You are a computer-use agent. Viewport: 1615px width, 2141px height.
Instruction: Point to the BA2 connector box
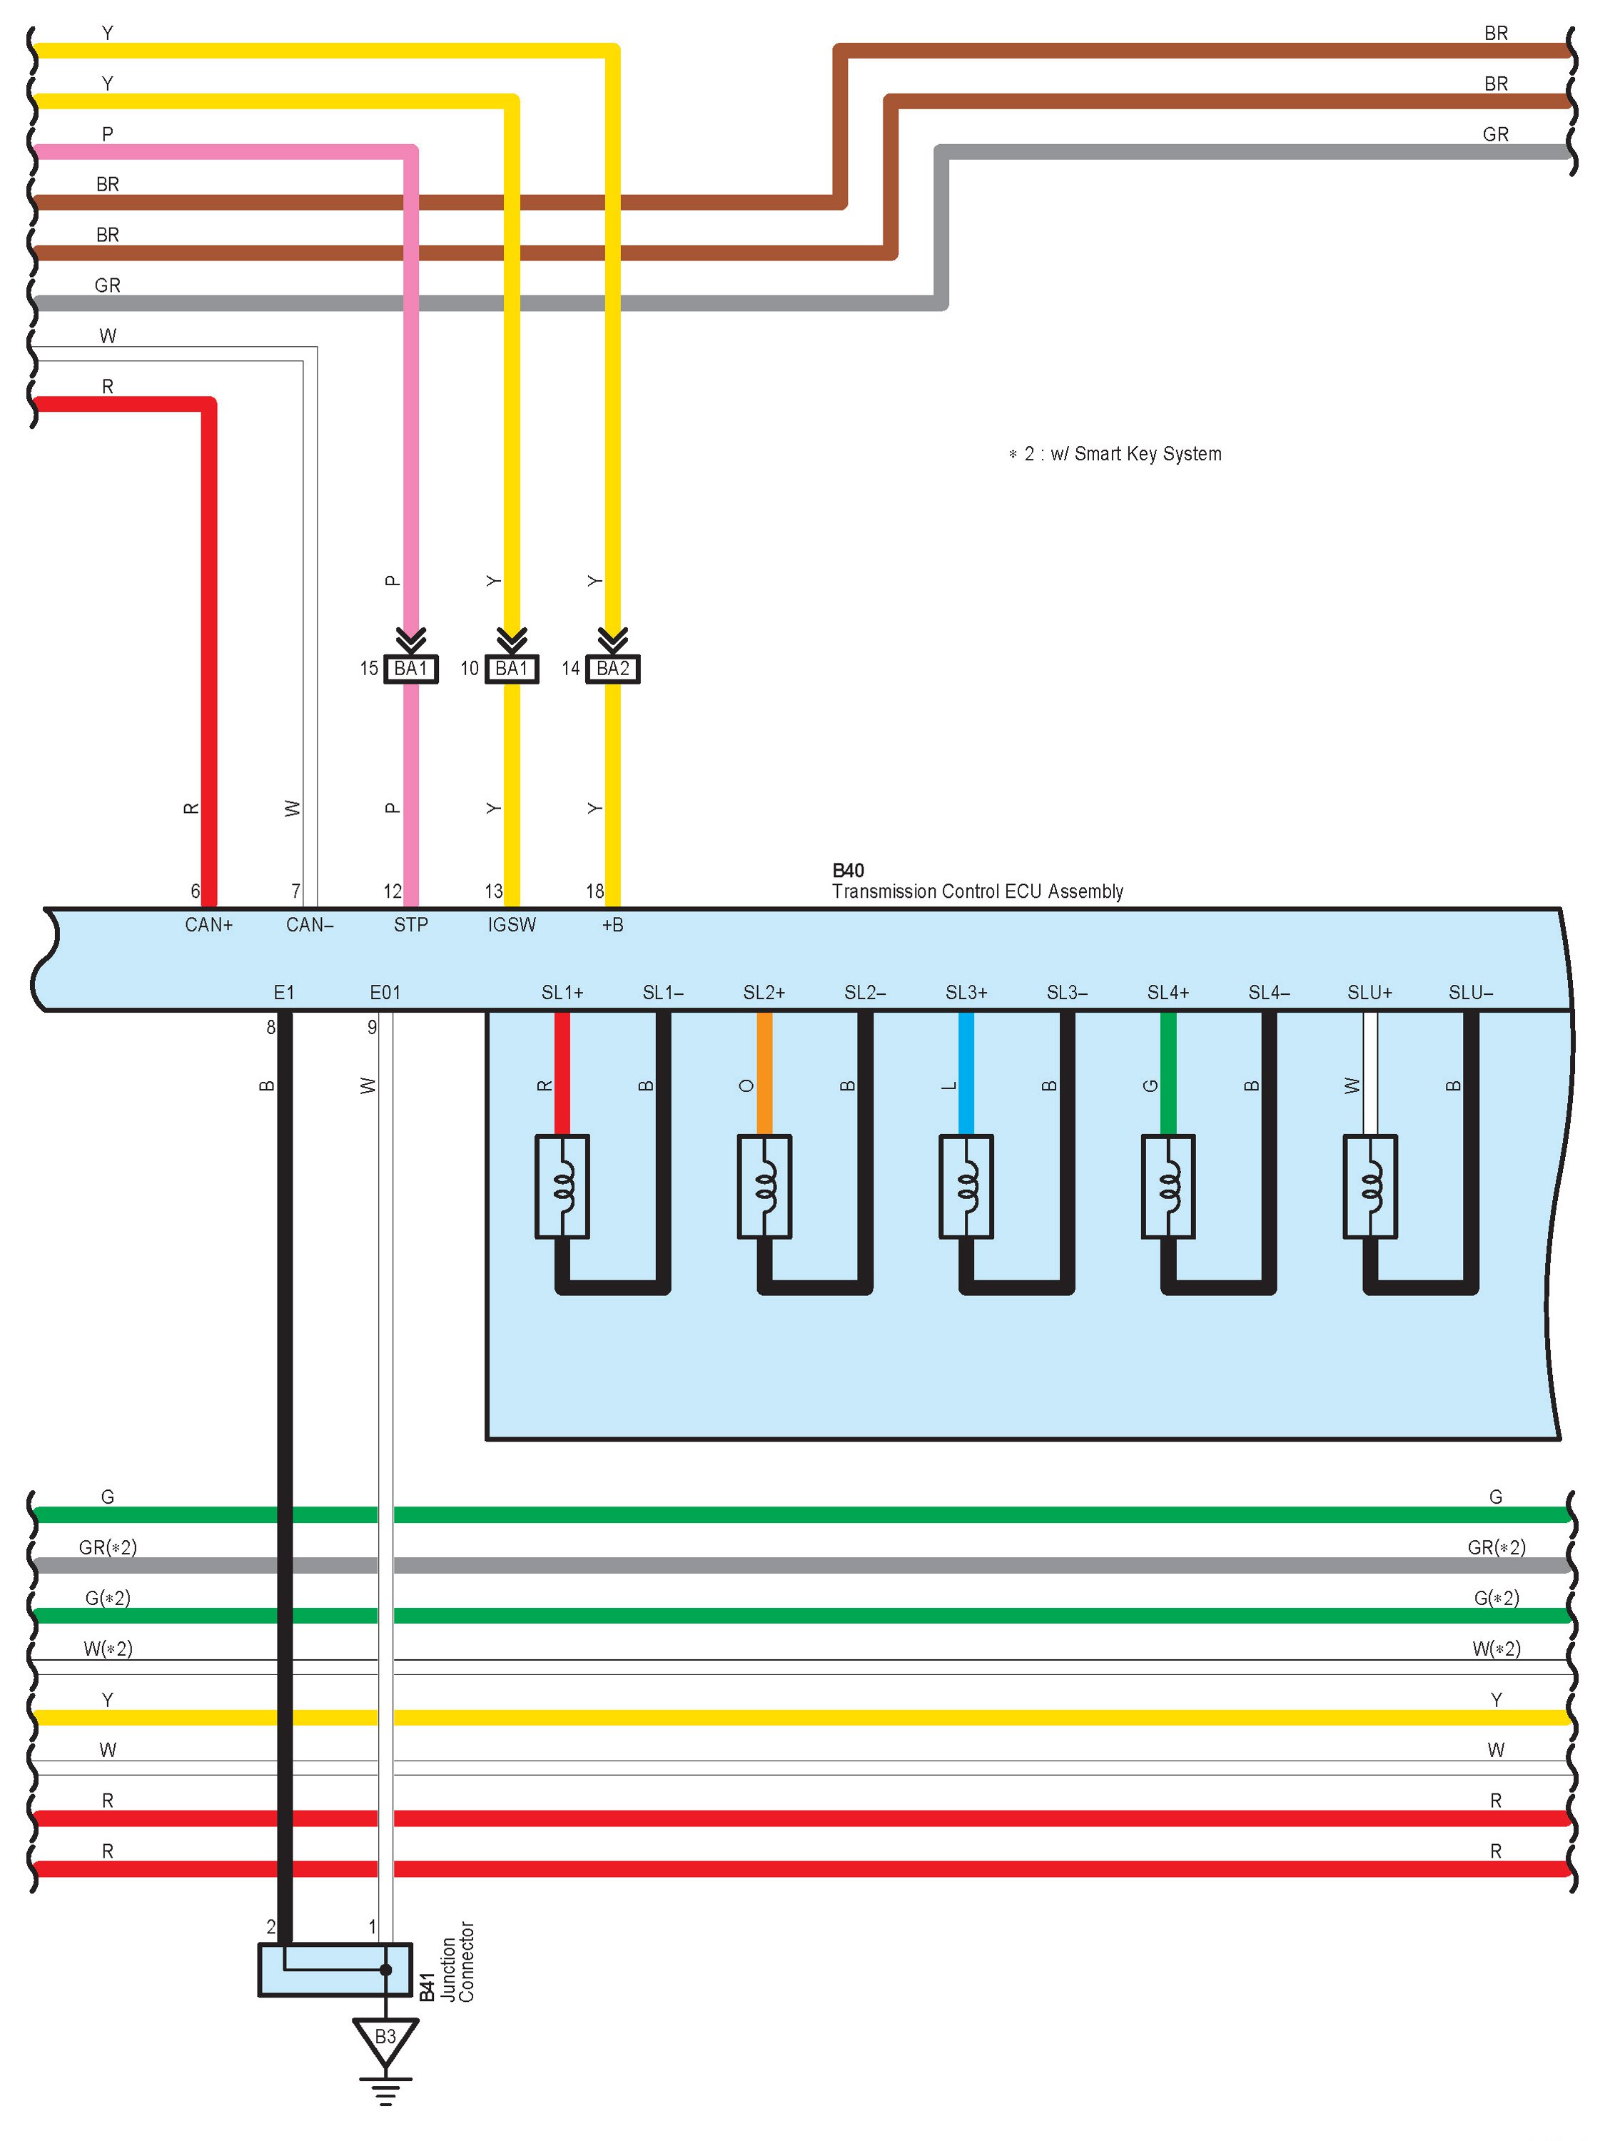[x=612, y=669]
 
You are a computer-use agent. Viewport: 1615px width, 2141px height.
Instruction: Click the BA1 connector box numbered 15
[x=410, y=669]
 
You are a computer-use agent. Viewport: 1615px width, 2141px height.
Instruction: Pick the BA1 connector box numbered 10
[x=511, y=669]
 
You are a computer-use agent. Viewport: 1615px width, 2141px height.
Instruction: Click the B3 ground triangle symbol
[x=385, y=2038]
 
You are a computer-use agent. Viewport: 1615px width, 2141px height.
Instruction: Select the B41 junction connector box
[x=335, y=1969]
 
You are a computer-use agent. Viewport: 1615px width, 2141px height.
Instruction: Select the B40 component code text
[x=848, y=870]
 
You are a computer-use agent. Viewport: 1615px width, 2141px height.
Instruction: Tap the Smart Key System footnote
[x=1115, y=454]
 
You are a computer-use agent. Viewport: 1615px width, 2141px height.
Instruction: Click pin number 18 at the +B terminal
[x=594, y=891]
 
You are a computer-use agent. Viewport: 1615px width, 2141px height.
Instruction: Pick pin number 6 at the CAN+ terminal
[x=195, y=891]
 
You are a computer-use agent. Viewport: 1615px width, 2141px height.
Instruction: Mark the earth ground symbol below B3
[x=385, y=2090]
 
